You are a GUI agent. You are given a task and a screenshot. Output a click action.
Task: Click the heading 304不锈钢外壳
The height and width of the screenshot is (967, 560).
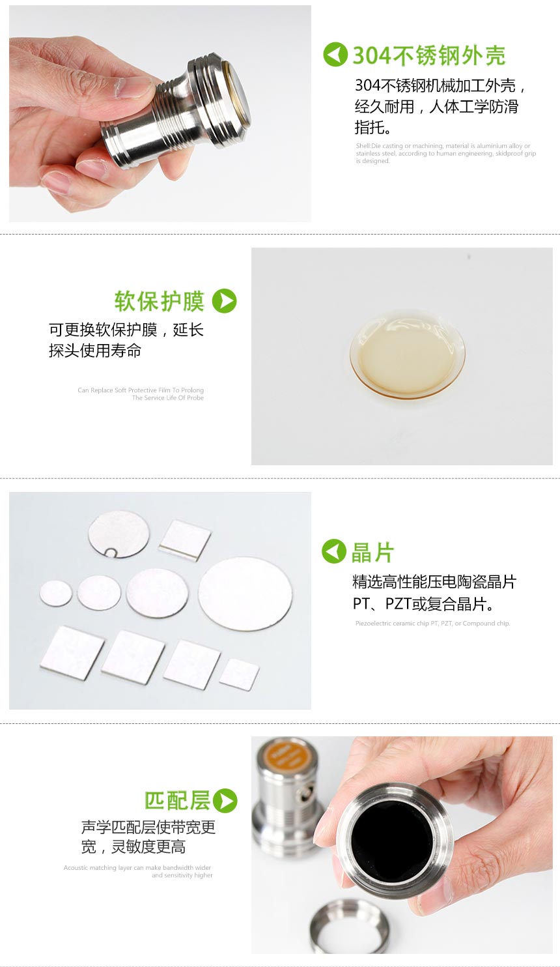click(428, 56)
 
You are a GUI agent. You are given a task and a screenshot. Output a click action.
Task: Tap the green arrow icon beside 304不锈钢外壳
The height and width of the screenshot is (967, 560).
click(335, 55)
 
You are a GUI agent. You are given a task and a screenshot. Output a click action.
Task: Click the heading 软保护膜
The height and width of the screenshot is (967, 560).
click(160, 302)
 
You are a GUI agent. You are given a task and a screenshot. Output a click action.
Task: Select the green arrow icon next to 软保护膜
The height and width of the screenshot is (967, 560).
click(225, 301)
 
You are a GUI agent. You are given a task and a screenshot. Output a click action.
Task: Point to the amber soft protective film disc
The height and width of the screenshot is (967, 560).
click(407, 354)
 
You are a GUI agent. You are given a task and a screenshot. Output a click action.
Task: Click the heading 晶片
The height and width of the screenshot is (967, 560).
click(373, 553)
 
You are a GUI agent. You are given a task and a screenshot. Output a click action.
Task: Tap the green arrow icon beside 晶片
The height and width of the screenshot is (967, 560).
click(334, 551)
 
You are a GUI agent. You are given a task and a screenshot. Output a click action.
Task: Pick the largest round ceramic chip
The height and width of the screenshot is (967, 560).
click(245, 594)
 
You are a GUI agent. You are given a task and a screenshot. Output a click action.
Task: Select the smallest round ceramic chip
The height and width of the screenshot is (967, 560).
click(56, 594)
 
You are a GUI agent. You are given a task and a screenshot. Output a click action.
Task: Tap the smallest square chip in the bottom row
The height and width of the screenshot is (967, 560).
click(240, 674)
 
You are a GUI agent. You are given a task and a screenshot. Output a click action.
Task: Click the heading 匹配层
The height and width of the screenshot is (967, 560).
click(177, 801)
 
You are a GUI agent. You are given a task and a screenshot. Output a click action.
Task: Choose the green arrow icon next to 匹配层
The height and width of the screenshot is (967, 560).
click(225, 801)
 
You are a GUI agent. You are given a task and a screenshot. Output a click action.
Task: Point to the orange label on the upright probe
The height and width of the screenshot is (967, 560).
click(287, 758)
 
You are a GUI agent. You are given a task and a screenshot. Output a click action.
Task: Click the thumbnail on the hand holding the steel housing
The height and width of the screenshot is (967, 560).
click(135, 88)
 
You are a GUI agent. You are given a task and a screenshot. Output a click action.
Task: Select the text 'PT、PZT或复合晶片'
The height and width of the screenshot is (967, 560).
click(423, 604)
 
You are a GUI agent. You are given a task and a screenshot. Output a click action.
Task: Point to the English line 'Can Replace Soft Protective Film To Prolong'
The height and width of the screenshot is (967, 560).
click(141, 390)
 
